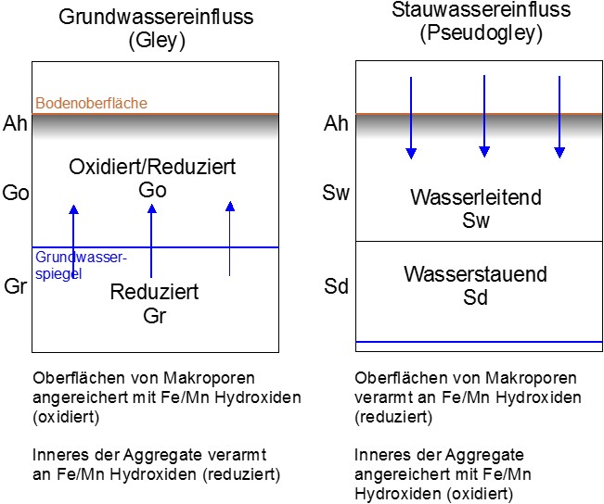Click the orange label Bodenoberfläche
[x=91, y=103]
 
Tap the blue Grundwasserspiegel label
[x=81, y=266]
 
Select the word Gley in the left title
[x=157, y=40]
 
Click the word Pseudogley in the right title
[x=482, y=33]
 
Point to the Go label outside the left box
[x=16, y=193]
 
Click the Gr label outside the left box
[x=16, y=286]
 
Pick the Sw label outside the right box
[x=336, y=193]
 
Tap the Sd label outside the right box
[x=336, y=286]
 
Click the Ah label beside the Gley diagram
[x=15, y=123]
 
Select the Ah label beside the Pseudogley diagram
[x=336, y=123]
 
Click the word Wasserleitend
[x=476, y=197]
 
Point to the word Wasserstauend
[x=475, y=274]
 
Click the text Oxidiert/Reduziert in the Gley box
[x=152, y=167]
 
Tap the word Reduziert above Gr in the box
[x=154, y=292]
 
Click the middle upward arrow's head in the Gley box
[x=152, y=208]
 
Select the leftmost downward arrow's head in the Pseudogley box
[x=411, y=153]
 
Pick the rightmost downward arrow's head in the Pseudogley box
[x=559, y=152]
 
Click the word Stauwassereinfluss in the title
[x=482, y=9]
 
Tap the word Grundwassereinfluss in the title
[x=156, y=17]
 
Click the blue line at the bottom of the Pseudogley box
[x=479, y=342]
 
